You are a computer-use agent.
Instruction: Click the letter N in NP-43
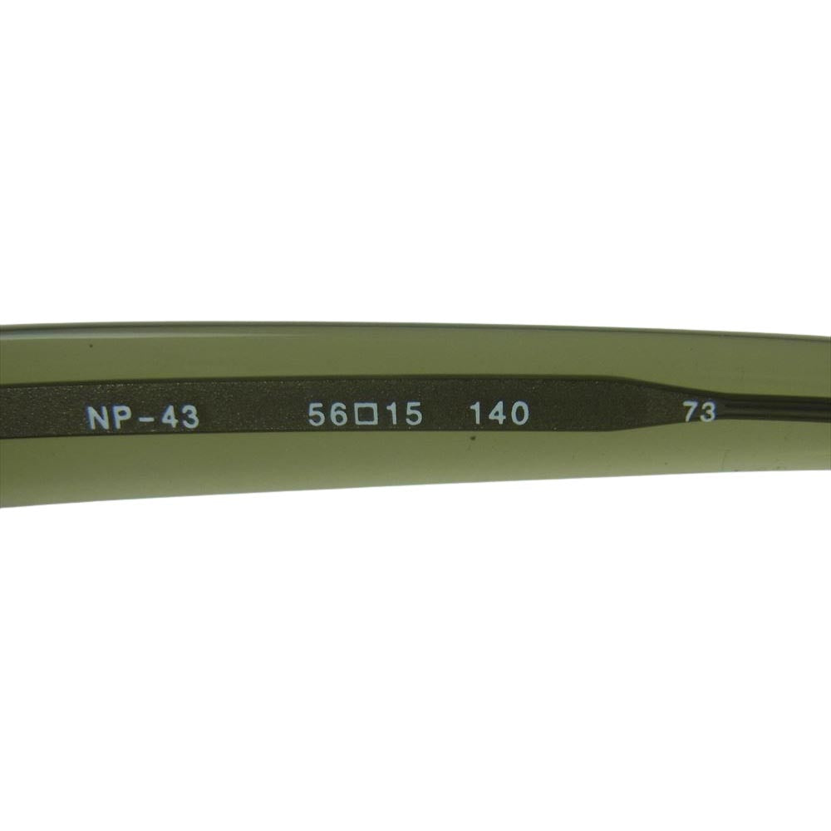(99, 418)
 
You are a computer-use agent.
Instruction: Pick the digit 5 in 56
(318, 414)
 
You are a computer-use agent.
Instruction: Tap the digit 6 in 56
(340, 414)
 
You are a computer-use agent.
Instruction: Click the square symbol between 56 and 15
(366, 415)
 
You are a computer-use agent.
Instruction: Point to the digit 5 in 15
(412, 414)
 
